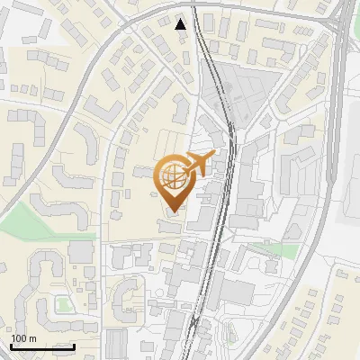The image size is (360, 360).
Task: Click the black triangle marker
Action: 182,24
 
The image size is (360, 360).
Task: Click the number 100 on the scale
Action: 19,339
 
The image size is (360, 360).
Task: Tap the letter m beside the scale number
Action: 32,339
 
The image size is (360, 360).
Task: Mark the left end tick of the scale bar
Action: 11,345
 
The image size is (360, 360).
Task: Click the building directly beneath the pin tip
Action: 170,224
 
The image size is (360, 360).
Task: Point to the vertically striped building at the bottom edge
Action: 116,346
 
